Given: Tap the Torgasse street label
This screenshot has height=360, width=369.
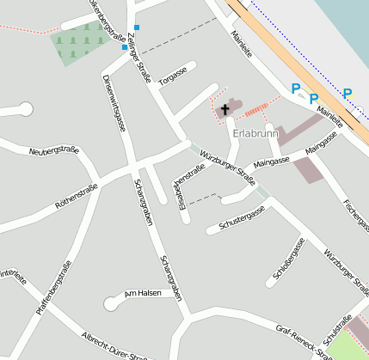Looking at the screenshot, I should (173, 75).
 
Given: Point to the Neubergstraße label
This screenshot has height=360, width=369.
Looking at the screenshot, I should (54, 151).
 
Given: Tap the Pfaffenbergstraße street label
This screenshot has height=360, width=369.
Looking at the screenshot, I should (52, 293).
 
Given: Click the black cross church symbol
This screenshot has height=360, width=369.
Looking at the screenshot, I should (225, 109).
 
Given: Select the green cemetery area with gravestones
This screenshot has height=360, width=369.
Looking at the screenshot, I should (79, 43).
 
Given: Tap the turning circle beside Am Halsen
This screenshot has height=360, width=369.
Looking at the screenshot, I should (111, 302).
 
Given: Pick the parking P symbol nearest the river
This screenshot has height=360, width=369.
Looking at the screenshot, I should (347, 94).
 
